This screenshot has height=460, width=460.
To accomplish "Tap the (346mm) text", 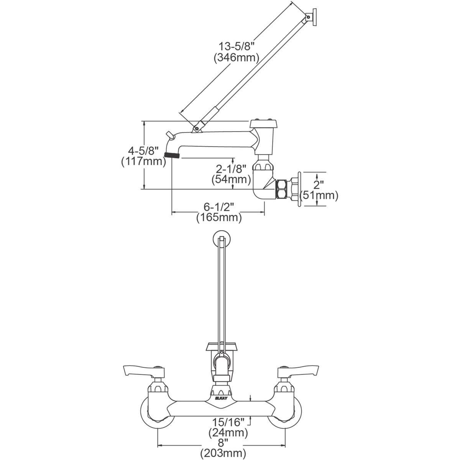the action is (237, 58).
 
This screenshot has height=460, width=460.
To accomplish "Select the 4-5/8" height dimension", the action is (143, 151).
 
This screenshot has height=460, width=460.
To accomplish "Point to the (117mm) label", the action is (143, 162).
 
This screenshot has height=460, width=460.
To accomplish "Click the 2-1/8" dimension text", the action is (231, 169).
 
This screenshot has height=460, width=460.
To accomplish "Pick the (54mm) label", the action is (231, 179).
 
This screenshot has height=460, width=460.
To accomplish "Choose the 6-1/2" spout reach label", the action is (219, 207).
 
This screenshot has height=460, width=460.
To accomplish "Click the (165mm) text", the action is (219, 218).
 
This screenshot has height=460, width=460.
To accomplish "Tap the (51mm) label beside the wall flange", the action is (319, 195).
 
